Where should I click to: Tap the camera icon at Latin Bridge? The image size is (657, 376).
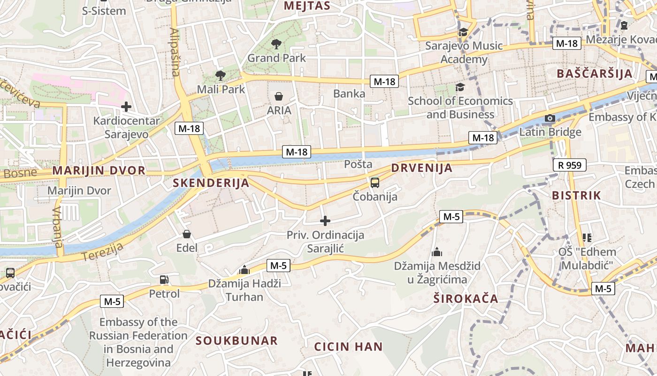click(x=550, y=118)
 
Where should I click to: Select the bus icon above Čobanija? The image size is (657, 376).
click(x=374, y=183)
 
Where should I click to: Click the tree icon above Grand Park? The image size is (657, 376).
click(x=276, y=44)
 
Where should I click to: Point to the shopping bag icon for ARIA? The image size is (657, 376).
click(x=279, y=96)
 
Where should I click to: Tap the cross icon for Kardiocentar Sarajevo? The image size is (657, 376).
click(x=126, y=107)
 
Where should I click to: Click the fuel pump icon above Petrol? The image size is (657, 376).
click(x=164, y=280)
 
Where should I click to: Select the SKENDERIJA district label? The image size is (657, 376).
click(x=211, y=183)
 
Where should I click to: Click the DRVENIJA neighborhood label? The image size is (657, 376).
click(x=421, y=168)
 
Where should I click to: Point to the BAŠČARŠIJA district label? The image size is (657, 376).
click(x=595, y=73)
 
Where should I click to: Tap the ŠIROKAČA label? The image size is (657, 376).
click(x=466, y=298)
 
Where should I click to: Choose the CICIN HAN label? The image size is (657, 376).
click(x=348, y=347)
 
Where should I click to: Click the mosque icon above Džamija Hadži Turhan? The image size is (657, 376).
click(x=244, y=270)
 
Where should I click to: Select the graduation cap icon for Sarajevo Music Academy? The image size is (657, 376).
click(x=463, y=32)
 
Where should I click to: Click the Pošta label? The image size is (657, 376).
click(x=358, y=164)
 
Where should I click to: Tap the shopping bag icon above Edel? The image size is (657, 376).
click(x=187, y=234)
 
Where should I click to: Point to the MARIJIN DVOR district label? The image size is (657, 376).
click(x=99, y=170)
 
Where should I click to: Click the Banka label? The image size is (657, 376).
click(x=349, y=94)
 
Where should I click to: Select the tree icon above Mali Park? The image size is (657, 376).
click(x=220, y=75)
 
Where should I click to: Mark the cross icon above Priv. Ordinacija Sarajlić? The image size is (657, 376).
click(x=325, y=221)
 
